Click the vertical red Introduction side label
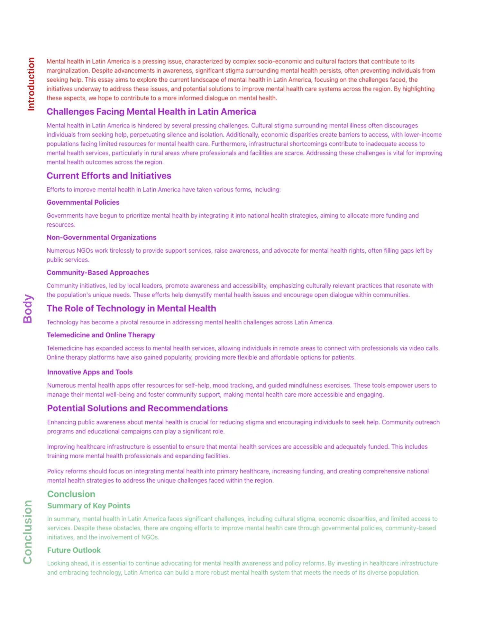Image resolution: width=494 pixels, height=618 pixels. click(x=31, y=84)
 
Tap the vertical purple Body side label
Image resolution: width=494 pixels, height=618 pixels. click(x=28, y=309)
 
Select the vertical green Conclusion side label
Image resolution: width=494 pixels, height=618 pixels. click(x=28, y=532)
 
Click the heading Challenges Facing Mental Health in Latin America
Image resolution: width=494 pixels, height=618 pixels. click(x=151, y=112)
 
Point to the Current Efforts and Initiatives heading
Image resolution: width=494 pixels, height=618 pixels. click(x=109, y=176)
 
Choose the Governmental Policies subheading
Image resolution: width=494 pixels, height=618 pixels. click(x=83, y=202)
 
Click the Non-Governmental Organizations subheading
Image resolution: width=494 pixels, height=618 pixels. click(x=101, y=238)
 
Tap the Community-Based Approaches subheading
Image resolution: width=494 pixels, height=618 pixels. click(x=98, y=273)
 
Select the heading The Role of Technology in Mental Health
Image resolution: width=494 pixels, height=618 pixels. click(x=131, y=309)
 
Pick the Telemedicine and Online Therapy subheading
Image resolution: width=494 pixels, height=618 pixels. click(x=101, y=335)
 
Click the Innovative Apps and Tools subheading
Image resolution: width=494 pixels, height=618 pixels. click(x=90, y=372)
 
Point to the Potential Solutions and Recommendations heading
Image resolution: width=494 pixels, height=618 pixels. click(x=137, y=408)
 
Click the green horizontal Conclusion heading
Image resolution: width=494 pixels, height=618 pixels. click(x=71, y=494)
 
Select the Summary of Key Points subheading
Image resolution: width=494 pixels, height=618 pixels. click(x=89, y=506)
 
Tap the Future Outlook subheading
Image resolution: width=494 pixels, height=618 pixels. click(x=74, y=550)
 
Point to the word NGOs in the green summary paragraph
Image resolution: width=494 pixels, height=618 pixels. click(x=150, y=537)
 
